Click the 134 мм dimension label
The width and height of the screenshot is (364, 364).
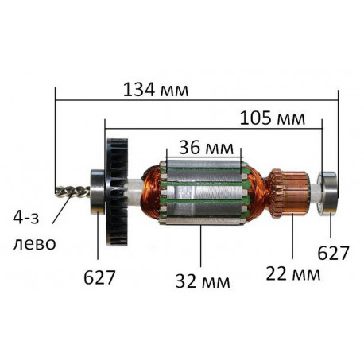point(156,90)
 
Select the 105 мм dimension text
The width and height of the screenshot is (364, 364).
point(273,118)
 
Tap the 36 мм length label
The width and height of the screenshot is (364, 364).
point(206,148)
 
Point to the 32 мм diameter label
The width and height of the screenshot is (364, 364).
point(203,281)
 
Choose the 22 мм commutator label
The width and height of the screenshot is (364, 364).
point(293,274)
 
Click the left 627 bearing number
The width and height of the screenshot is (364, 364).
point(99,277)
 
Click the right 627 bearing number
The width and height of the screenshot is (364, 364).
point(333,253)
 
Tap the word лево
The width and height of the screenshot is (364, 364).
point(34,243)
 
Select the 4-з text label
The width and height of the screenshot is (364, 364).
point(26,219)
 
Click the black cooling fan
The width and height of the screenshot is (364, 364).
point(117,192)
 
